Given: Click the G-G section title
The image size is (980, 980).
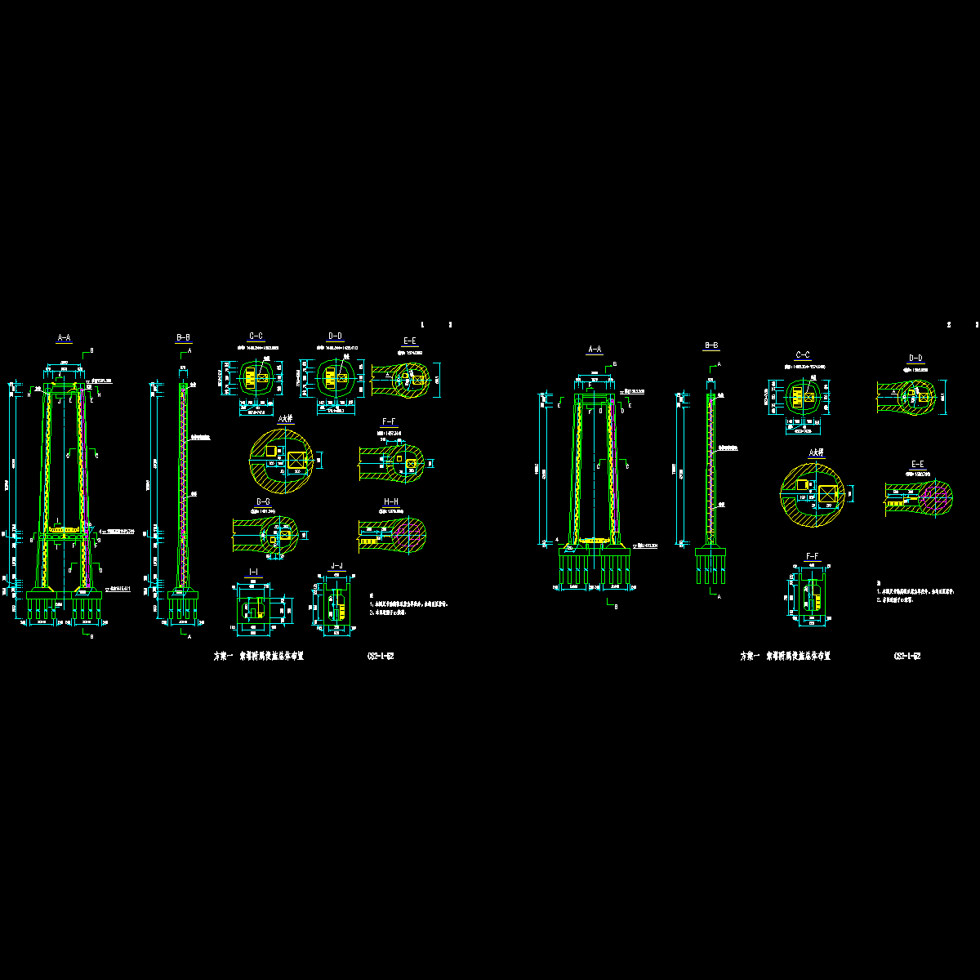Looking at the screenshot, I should point(263,501).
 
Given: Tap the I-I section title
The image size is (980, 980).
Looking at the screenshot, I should point(253,570).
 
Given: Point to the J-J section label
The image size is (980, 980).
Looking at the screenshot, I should point(336,565).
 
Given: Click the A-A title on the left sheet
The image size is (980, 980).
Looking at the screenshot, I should point(64,337).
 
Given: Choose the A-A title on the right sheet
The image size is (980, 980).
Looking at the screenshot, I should point(595,350).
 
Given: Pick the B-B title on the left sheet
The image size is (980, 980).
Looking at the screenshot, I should point(184,337).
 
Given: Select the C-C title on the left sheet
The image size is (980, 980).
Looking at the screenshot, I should point(256,336).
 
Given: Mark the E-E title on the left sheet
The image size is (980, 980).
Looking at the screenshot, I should point(409,341).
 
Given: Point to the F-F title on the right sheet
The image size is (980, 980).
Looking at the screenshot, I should point(813,555).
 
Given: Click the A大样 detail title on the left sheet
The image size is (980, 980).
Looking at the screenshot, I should point(285,419).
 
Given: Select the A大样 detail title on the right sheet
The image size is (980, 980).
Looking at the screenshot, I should point(816,452).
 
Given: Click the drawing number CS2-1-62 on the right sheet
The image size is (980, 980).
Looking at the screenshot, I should point(908,656).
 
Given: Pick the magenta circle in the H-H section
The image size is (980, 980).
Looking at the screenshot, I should point(408,534).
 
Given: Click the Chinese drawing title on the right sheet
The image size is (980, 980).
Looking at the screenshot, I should point(785,656).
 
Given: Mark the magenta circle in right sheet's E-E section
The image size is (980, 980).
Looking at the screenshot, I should point(938,494).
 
